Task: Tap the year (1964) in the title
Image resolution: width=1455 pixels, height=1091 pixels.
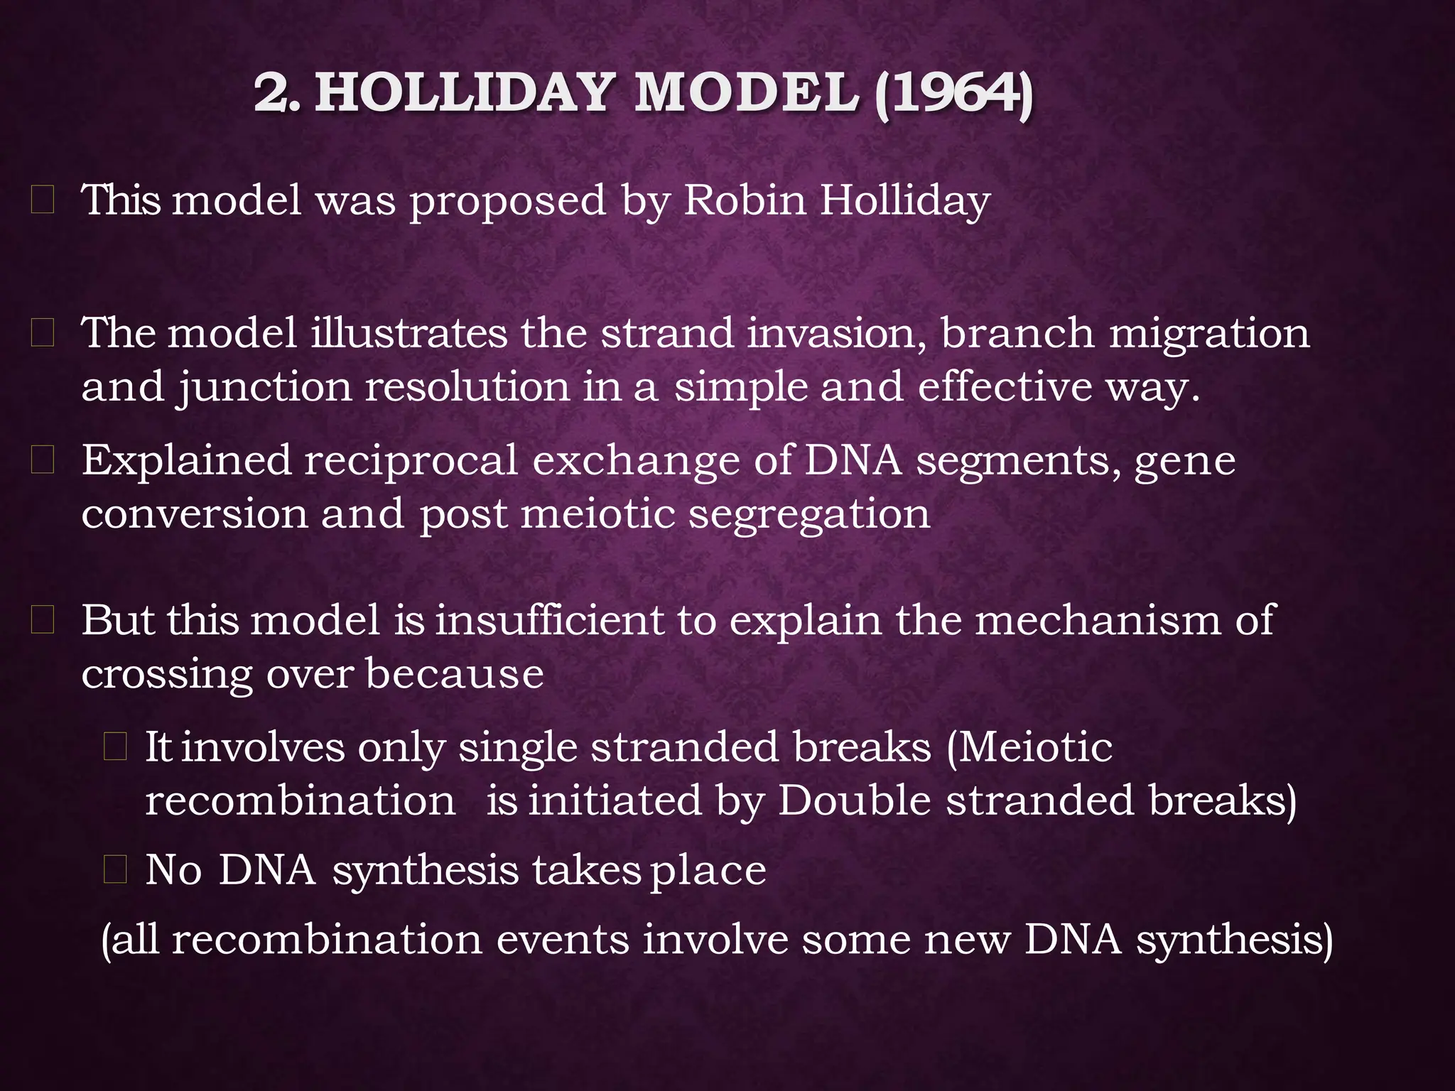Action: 953,94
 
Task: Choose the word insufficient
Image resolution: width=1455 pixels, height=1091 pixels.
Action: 548,620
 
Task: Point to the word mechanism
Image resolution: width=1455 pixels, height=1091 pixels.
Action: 1098,620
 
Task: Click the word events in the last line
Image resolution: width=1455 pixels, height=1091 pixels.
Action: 563,940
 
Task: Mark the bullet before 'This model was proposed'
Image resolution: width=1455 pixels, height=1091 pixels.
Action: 43,201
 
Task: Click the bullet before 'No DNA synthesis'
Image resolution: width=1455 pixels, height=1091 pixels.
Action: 115,870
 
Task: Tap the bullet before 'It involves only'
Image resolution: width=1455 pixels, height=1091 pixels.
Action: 115,747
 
